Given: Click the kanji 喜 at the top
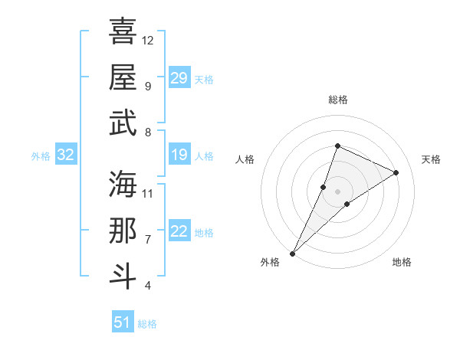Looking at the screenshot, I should pyautogui.click(x=123, y=31).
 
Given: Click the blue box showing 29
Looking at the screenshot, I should pyautogui.click(x=179, y=78).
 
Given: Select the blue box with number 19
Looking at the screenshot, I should pyautogui.click(x=179, y=155).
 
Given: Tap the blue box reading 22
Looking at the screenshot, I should pyautogui.click(x=179, y=232).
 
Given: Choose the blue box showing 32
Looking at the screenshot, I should pyautogui.click(x=65, y=155).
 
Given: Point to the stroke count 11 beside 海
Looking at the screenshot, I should pyautogui.click(x=148, y=193).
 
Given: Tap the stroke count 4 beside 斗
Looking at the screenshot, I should pyautogui.click(x=148, y=286).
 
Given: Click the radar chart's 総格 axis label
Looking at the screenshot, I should pyautogui.click(x=337, y=100).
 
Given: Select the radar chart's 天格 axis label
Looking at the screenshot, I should pyautogui.click(x=431, y=159).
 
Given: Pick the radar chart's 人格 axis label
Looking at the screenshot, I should pyautogui.click(x=245, y=159).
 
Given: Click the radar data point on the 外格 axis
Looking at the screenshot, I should pyautogui.click(x=292, y=253).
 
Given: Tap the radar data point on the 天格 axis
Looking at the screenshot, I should pyautogui.click(x=396, y=172).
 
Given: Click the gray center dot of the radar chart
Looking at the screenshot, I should pyautogui.click(x=337, y=191).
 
